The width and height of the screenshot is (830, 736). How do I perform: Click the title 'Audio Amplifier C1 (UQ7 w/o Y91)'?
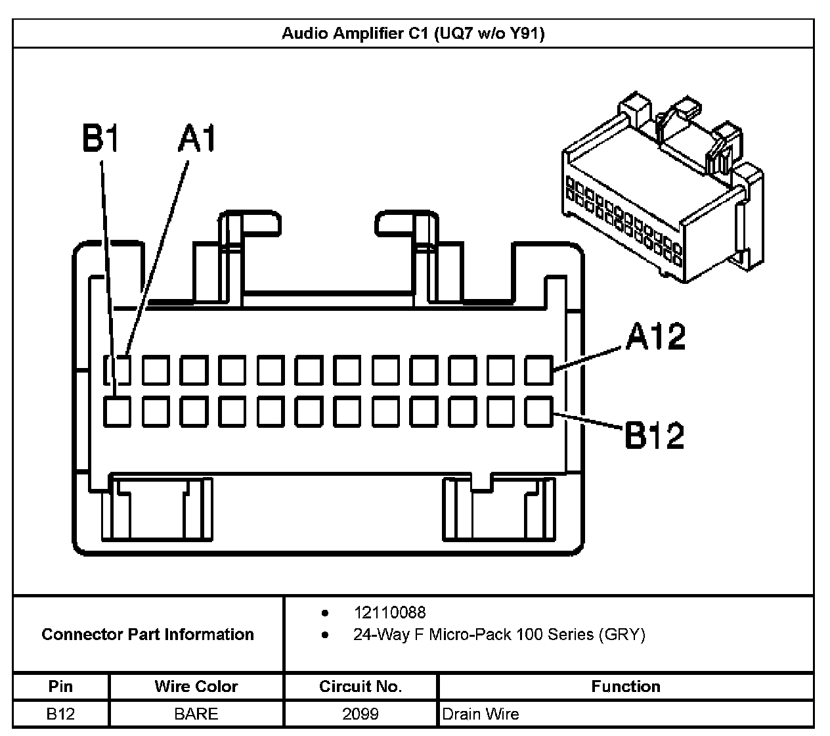click(x=413, y=34)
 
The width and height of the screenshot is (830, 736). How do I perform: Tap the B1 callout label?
click(x=100, y=138)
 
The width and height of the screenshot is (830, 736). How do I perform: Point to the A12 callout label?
click(x=655, y=337)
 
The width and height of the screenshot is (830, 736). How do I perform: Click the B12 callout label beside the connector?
click(x=654, y=434)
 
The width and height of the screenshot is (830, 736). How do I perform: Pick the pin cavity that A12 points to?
click(x=539, y=370)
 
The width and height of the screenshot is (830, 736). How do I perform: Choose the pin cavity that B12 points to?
click(x=539, y=412)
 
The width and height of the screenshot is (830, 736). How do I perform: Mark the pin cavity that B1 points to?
click(x=117, y=412)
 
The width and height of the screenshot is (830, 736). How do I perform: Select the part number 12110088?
click(x=389, y=612)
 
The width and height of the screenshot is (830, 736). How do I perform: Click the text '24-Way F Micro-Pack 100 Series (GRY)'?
click(x=499, y=635)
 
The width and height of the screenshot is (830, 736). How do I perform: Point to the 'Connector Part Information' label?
click(x=148, y=634)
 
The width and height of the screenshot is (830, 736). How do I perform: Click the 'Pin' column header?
click(x=60, y=687)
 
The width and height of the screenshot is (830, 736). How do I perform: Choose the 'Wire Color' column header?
click(x=196, y=687)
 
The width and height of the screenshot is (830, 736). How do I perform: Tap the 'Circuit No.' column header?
click(x=360, y=687)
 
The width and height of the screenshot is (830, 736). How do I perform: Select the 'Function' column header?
click(x=626, y=687)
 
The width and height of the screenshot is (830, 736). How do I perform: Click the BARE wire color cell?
click(x=196, y=714)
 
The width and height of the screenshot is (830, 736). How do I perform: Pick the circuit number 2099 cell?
click(x=360, y=714)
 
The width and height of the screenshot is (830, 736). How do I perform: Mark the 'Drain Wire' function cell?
click(x=481, y=714)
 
